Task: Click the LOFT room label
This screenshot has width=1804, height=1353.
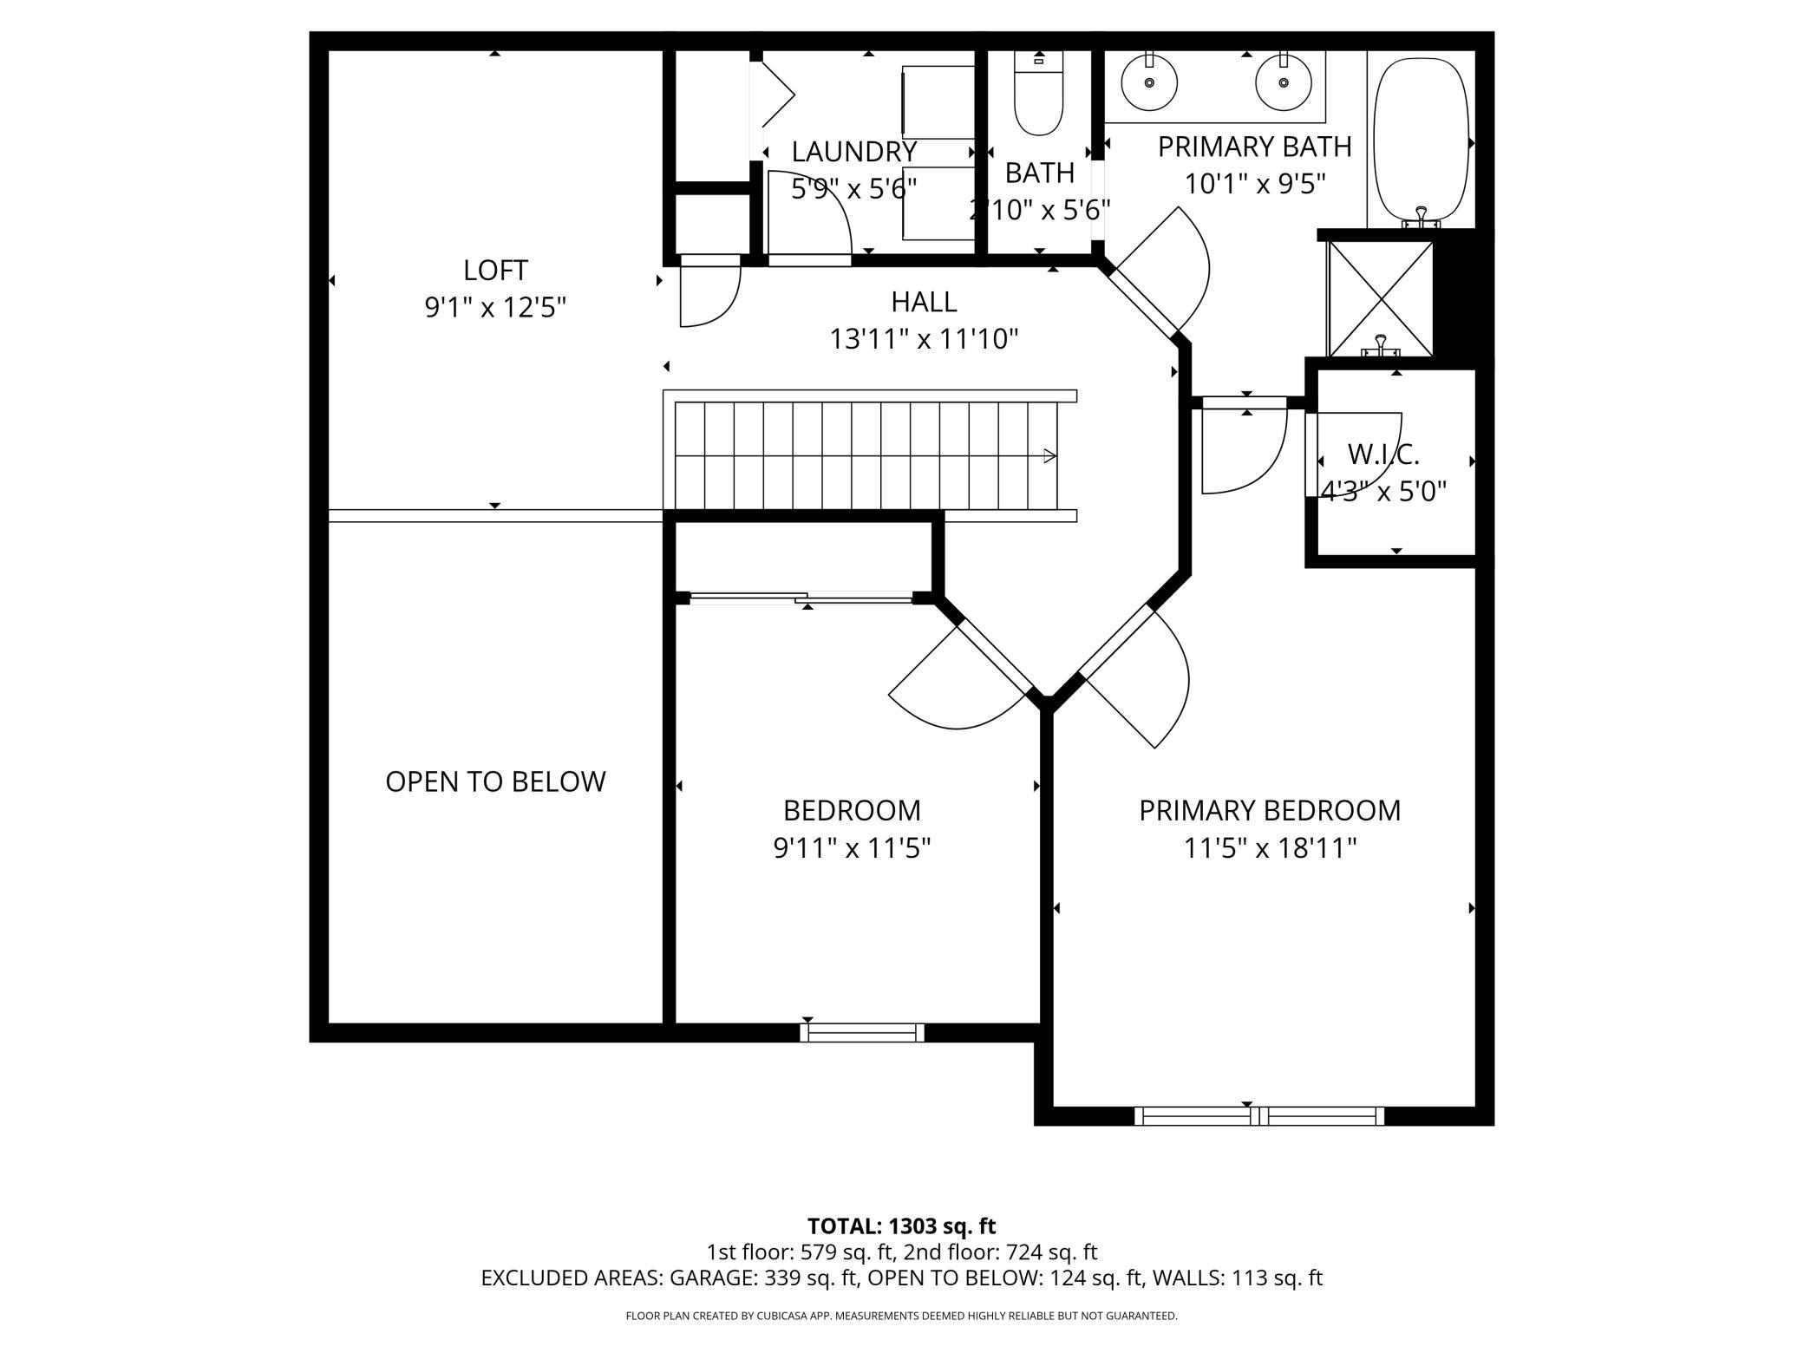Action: tap(495, 271)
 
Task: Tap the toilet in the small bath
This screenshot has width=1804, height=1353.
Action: tap(1038, 100)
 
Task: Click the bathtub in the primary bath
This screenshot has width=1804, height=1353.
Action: tap(1421, 139)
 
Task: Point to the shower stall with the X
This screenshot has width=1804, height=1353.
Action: tap(1381, 299)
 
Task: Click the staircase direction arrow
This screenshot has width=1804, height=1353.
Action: tap(1049, 455)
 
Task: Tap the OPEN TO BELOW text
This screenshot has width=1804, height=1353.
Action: tap(495, 781)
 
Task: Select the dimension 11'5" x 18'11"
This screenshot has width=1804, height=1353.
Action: tap(1270, 847)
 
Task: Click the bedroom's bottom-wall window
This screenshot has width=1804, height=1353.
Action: tap(861, 1032)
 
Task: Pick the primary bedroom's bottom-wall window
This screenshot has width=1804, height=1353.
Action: tap(1259, 1116)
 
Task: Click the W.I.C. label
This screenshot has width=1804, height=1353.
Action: tap(1383, 454)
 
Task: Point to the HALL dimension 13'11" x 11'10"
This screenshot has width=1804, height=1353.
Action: tap(924, 338)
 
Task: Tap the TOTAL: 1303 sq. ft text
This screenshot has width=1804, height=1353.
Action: tap(901, 1226)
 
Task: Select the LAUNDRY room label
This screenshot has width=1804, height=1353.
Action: tap(853, 152)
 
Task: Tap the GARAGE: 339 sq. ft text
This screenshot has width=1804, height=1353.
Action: tap(764, 1278)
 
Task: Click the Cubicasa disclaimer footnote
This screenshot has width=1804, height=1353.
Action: tap(901, 1316)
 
